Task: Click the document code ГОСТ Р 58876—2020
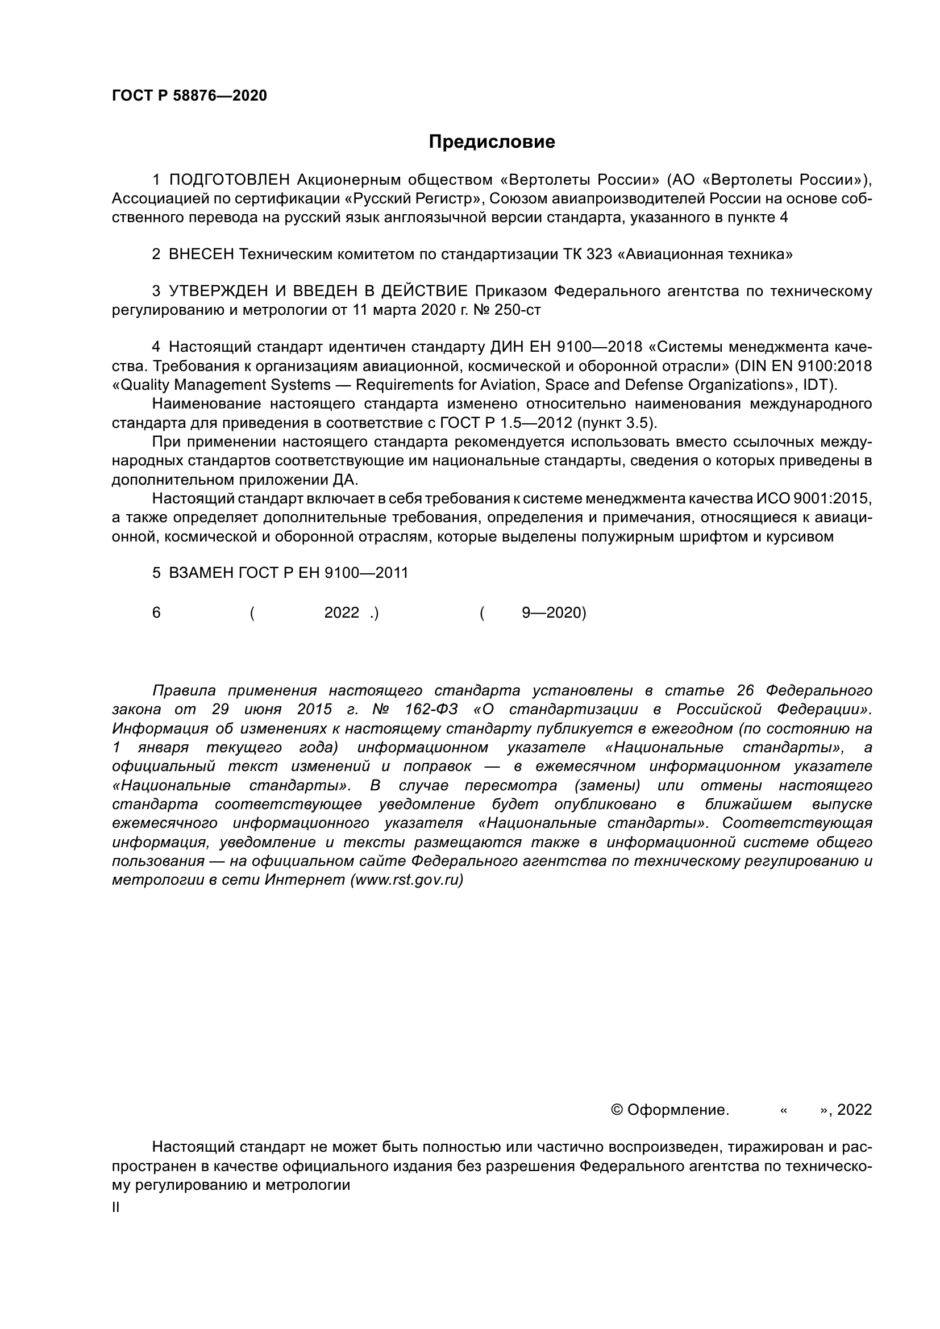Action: (189, 96)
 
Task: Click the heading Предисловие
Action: (492, 142)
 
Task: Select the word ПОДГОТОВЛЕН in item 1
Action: (229, 180)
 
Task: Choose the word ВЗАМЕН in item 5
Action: (201, 573)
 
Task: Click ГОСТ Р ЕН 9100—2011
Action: (323, 573)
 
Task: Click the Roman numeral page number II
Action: (116, 1207)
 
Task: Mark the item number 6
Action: (156, 613)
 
